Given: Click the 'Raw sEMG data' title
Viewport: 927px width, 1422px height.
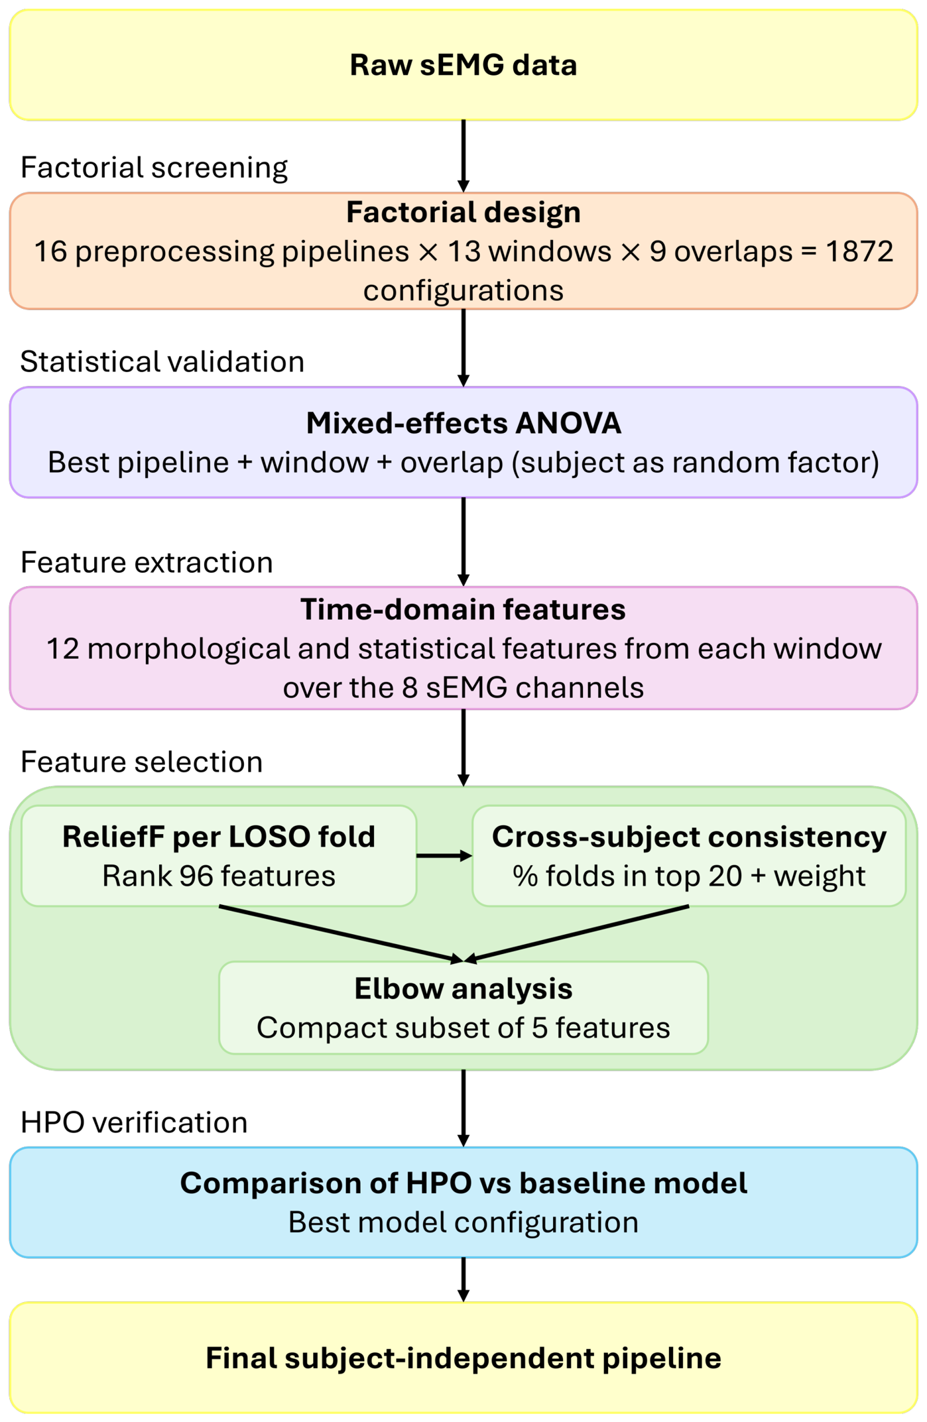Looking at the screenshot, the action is tap(463, 65).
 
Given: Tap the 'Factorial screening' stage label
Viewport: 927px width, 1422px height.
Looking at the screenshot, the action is tap(154, 167).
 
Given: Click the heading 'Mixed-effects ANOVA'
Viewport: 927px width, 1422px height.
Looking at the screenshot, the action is tap(463, 423).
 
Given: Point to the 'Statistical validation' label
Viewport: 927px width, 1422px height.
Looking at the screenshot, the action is tap(162, 362).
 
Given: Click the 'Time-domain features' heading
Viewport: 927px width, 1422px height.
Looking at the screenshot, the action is tap(463, 609).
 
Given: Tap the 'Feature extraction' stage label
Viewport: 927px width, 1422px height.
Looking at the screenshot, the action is tap(147, 562).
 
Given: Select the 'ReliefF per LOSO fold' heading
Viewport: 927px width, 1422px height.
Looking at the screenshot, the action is tap(219, 837).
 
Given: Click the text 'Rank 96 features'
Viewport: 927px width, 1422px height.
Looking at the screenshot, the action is tap(219, 876).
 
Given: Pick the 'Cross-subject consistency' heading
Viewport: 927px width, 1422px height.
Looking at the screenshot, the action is tap(689, 837).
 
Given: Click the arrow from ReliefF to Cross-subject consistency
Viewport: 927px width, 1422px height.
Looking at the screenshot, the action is tap(444, 856).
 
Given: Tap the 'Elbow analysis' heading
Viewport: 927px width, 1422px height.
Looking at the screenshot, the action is tap(463, 988).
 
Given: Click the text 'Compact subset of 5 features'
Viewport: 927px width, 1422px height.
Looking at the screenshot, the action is tap(463, 1028).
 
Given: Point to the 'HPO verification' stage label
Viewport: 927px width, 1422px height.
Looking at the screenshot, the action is tap(134, 1122).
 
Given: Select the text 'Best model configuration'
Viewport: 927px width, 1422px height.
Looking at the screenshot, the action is tap(463, 1222).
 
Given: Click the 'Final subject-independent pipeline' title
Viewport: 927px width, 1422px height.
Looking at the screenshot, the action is tap(463, 1358).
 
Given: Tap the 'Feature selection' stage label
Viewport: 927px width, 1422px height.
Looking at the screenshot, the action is tap(141, 762).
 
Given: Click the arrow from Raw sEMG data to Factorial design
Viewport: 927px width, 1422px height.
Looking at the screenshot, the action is tap(463, 156).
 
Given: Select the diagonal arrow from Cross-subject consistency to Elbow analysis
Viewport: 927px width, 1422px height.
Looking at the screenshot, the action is tap(577, 933).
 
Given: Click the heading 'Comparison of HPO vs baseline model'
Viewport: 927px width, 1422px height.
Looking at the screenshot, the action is tap(463, 1183).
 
